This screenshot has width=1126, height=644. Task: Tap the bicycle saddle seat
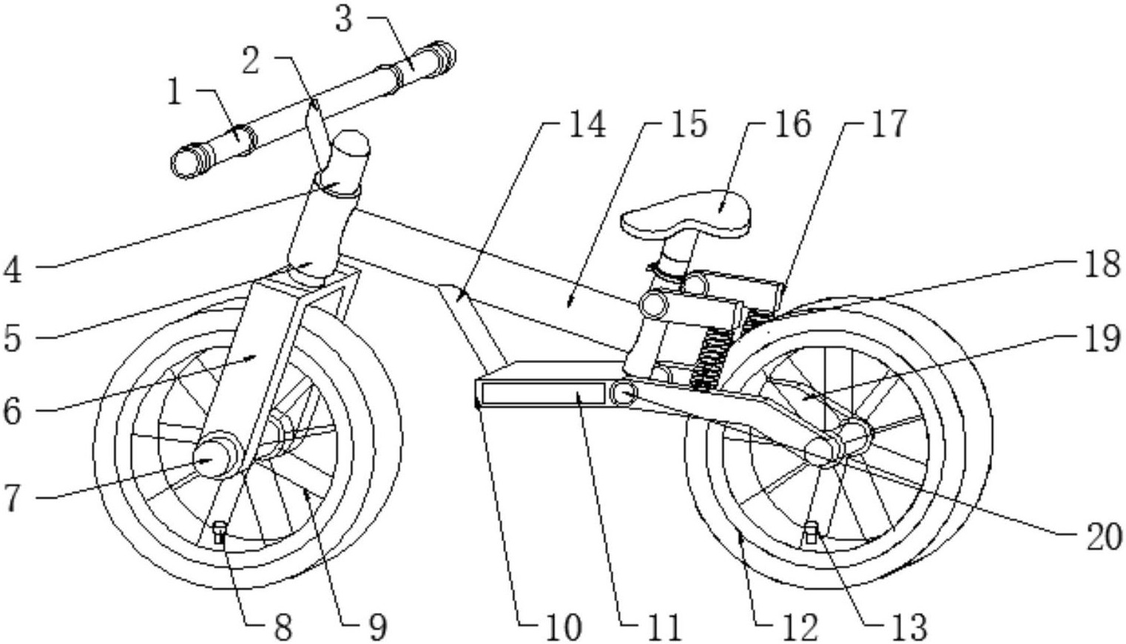pyautogui.click(x=687, y=215)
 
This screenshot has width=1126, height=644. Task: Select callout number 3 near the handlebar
pyautogui.click(x=343, y=20)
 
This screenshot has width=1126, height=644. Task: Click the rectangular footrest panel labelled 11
pyautogui.click(x=543, y=393)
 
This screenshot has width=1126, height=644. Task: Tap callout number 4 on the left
pyautogui.click(x=13, y=271)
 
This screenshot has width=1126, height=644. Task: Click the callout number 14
pyautogui.click(x=586, y=124)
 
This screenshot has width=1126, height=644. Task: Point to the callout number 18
pyautogui.click(x=1102, y=264)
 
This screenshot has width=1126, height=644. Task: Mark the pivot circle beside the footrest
pyautogui.click(x=624, y=394)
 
